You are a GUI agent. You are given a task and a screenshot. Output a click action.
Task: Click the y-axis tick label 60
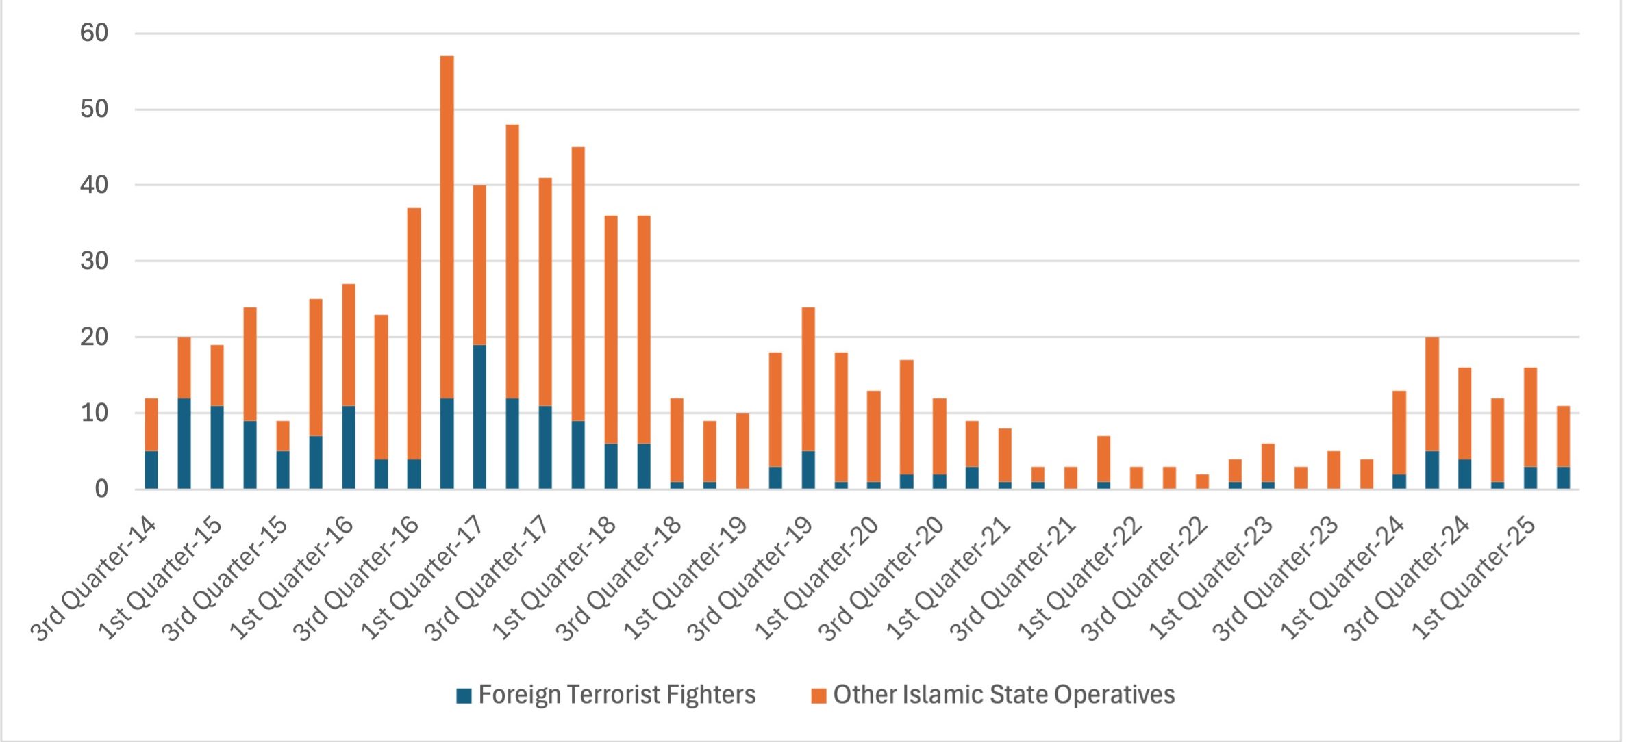[94, 33]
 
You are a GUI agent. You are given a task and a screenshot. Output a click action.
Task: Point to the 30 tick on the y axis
[94, 261]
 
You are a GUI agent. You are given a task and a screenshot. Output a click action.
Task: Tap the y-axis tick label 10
[94, 413]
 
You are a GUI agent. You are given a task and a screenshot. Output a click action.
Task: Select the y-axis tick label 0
[101, 489]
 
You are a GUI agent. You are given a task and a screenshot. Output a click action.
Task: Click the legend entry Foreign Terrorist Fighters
[616, 695]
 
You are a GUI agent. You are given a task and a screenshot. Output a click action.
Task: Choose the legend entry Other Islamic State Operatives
[1003, 695]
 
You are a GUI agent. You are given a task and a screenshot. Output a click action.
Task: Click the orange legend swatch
[818, 696]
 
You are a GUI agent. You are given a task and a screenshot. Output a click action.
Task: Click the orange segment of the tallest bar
[447, 226]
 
